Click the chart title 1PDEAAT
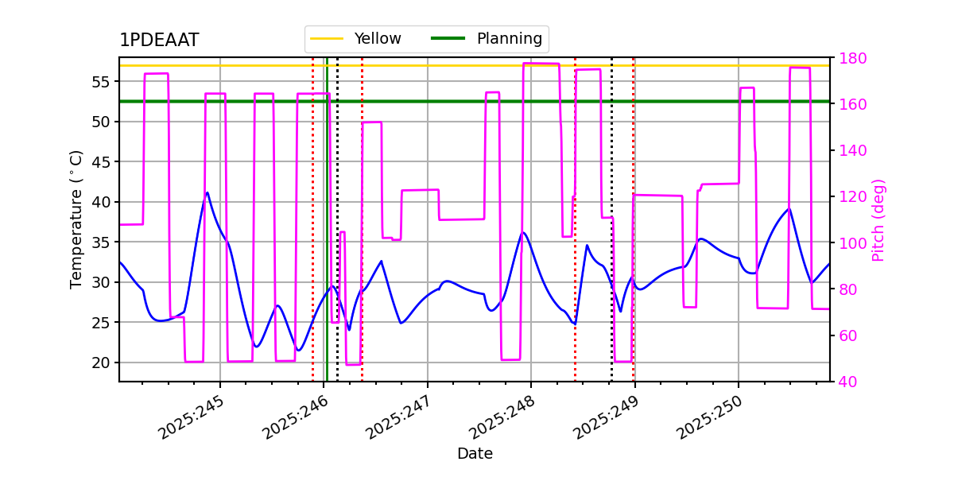coord(159,41)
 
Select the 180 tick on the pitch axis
coord(847,58)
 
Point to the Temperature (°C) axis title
coord(76,219)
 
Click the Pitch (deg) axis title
coord(878,219)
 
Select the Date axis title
coord(475,454)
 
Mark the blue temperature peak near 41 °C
coord(207,192)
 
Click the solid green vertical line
coord(327,238)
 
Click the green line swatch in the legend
coord(449,39)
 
